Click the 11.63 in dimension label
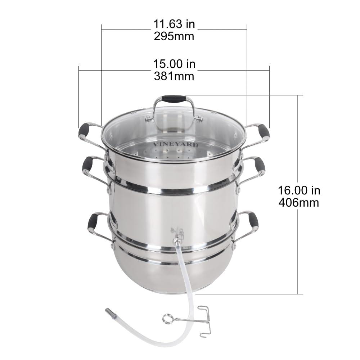tap(174, 25)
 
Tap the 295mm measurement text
tap(174, 36)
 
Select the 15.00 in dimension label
tap(174, 64)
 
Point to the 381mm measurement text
tap(174, 76)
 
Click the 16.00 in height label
tap(299, 190)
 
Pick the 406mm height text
tap(299, 202)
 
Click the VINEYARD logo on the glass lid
tap(175, 144)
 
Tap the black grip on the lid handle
tap(174, 99)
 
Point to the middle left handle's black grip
tap(87, 164)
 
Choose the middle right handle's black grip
tap(260, 165)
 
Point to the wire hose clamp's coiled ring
tap(167, 318)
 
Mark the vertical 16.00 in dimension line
tap(298, 252)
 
